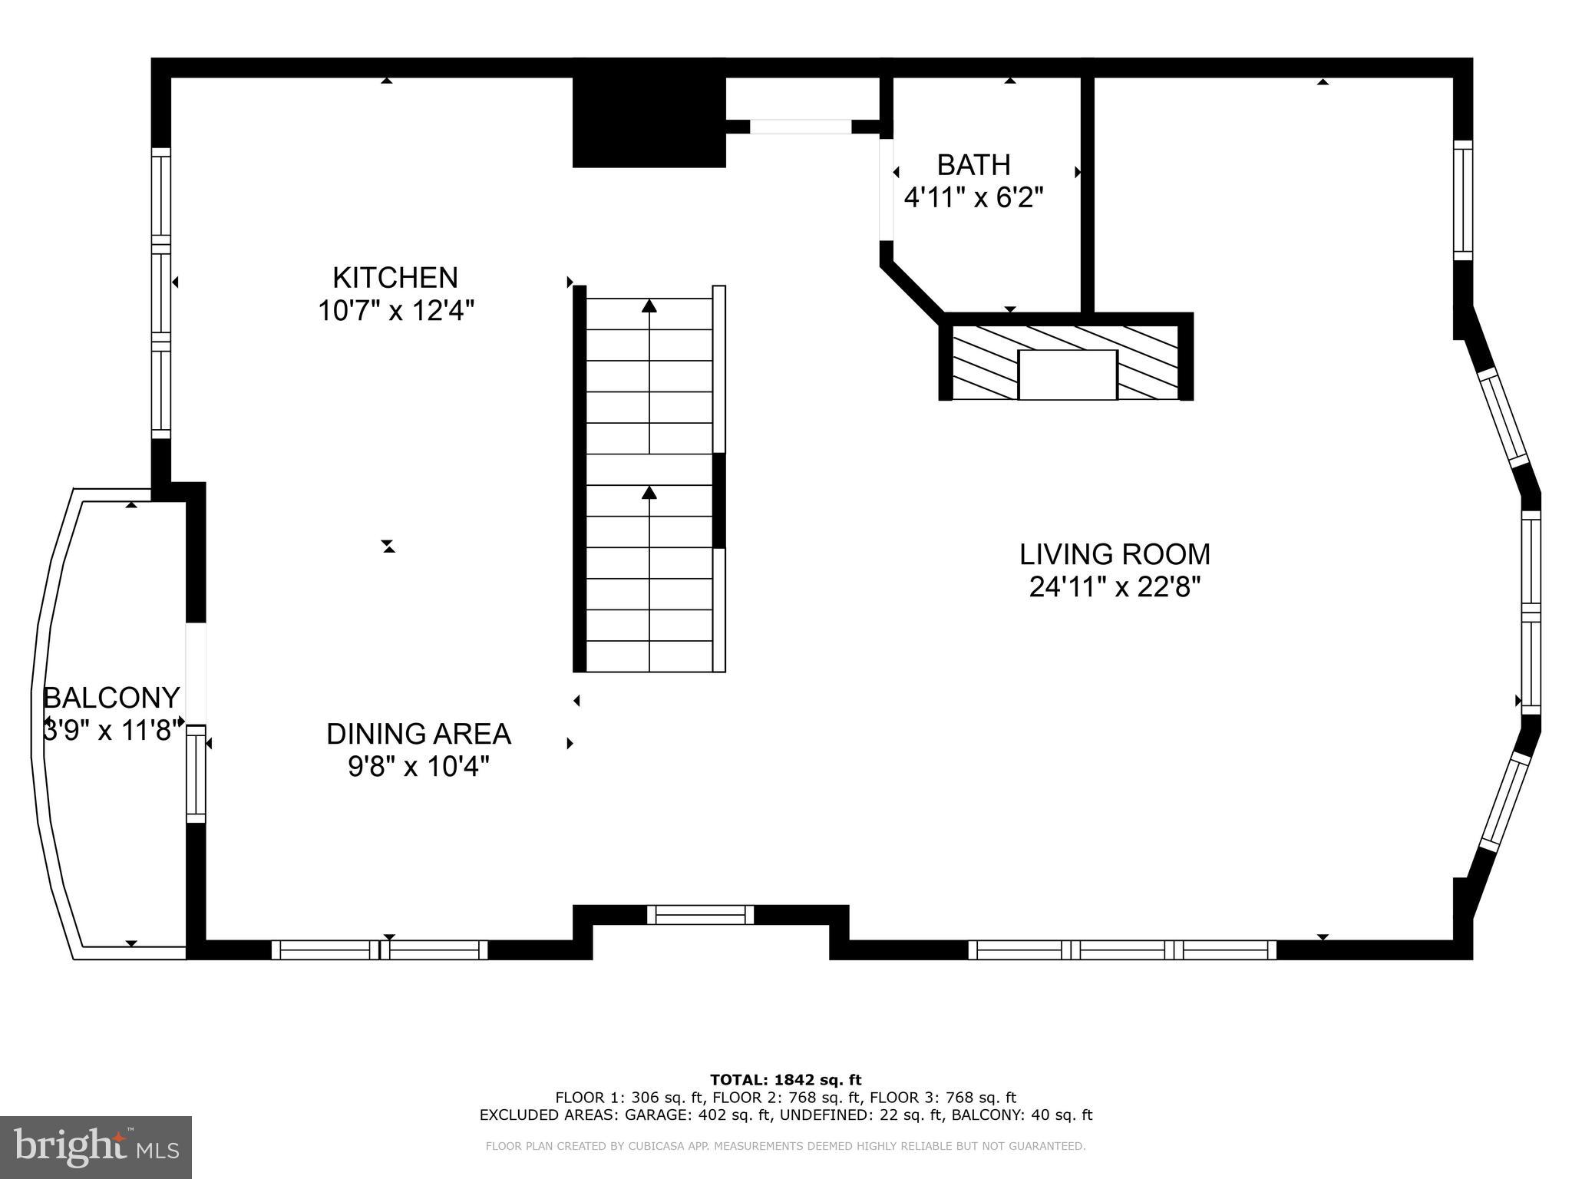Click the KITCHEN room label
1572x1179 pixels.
click(x=395, y=277)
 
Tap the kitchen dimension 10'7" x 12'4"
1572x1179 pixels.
click(x=396, y=311)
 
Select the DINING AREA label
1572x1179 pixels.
click(x=418, y=734)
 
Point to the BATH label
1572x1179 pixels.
click(x=973, y=165)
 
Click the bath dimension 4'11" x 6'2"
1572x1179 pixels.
click(x=973, y=198)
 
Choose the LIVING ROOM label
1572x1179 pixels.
click(x=1115, y=554)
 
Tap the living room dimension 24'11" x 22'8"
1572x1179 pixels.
click(x=1115, y=587)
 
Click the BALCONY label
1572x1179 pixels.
click(x=111, y=698)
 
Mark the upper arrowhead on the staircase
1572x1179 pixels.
click(x=649, y=306)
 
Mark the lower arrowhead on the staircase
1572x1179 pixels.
click(x=649, y=492)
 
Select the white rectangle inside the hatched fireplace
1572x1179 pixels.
click(x=1067, y=375)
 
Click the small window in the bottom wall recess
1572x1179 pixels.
click(x=700, y=914)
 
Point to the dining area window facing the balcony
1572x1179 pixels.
click(x=196, y=774)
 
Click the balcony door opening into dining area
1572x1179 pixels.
click(x=196, y=672)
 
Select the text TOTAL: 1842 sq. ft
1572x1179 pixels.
click(x=785, y=1080)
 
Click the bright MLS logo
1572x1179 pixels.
click(x=96, y=1147)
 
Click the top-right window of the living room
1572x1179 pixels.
click(x=1463, y=200)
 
